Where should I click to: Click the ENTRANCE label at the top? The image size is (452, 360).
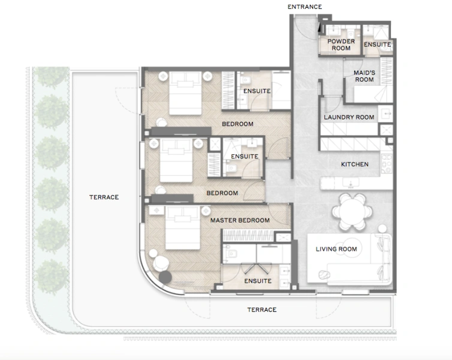point(305,7)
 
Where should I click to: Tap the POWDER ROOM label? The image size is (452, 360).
point(340,45)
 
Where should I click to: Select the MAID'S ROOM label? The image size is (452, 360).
point(364,76)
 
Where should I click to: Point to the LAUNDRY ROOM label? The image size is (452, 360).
point(349,118)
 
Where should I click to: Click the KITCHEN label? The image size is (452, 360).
point(354,164)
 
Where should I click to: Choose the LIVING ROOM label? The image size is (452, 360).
point(336,249)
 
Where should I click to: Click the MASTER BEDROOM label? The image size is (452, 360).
point(240,221)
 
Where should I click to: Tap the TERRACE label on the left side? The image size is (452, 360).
point(104,197)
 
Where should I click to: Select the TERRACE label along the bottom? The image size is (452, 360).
point(262,310)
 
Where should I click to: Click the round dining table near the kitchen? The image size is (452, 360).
point(352,211)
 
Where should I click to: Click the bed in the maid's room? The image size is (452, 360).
point(366,94)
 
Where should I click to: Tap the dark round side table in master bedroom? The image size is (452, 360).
point(164,277)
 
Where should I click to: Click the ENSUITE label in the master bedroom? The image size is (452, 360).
point(258,281)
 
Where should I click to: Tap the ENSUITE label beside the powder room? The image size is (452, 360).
point(377,45)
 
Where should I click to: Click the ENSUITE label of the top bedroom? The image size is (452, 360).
point(257,91)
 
